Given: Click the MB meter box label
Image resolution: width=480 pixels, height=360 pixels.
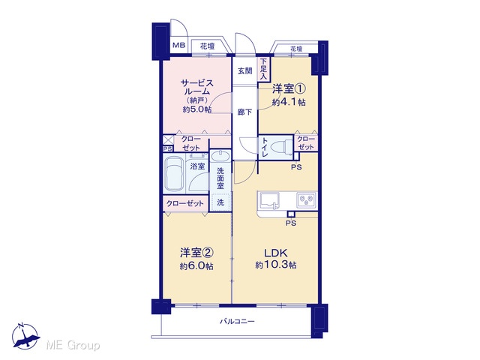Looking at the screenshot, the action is point(179,46).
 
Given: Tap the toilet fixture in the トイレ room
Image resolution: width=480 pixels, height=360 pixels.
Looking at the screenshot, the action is point(284,147).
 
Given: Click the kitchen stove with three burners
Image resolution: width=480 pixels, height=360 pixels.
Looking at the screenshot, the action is point(306,200).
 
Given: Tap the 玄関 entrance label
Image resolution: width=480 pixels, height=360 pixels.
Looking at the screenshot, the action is point(245,71).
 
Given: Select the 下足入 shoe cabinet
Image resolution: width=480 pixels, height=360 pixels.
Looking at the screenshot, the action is point(263,69).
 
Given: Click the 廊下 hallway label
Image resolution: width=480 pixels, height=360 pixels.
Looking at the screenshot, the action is point(245,112).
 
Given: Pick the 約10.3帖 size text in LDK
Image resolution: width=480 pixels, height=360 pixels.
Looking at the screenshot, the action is point(276,265).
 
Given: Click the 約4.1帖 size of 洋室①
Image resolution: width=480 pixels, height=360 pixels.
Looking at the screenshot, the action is point(289,102).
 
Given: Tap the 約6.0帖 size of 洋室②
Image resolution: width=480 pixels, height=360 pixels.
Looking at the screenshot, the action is point(196,266).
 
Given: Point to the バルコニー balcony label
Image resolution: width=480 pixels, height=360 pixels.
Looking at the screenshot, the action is point(237,322).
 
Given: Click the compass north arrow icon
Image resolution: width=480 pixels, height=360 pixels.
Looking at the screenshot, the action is point(25,336).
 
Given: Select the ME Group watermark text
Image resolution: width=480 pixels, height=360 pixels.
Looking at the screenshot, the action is point(73,345).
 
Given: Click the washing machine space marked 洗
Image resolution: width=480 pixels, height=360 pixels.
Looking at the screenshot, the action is point(220,202).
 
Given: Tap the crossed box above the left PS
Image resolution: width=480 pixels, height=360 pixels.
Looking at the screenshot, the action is point(168,140).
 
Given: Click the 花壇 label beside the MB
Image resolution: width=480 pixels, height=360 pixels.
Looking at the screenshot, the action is point(207,46).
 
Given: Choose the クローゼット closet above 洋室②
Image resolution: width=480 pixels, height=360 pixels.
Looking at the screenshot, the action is point(185,203).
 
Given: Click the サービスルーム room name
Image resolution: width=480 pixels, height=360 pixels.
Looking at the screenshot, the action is point(196,87).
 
